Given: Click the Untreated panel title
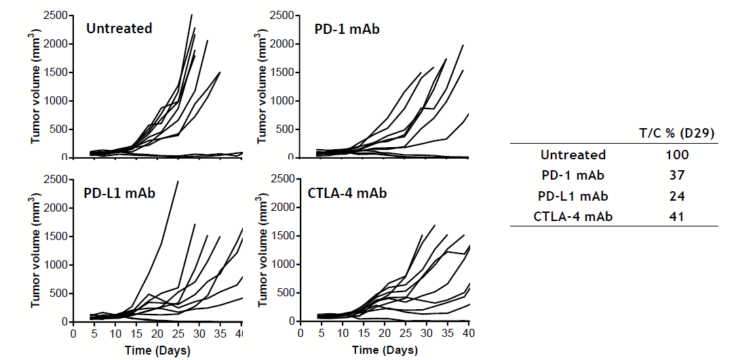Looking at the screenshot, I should point(119,28).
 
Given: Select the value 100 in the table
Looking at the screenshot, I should point(677,155).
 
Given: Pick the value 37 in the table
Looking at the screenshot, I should point(677,176).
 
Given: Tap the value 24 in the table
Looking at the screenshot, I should point(677,196).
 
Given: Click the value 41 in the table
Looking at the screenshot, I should point(677,217).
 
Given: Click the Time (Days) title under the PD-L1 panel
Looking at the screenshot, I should point(157,351).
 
